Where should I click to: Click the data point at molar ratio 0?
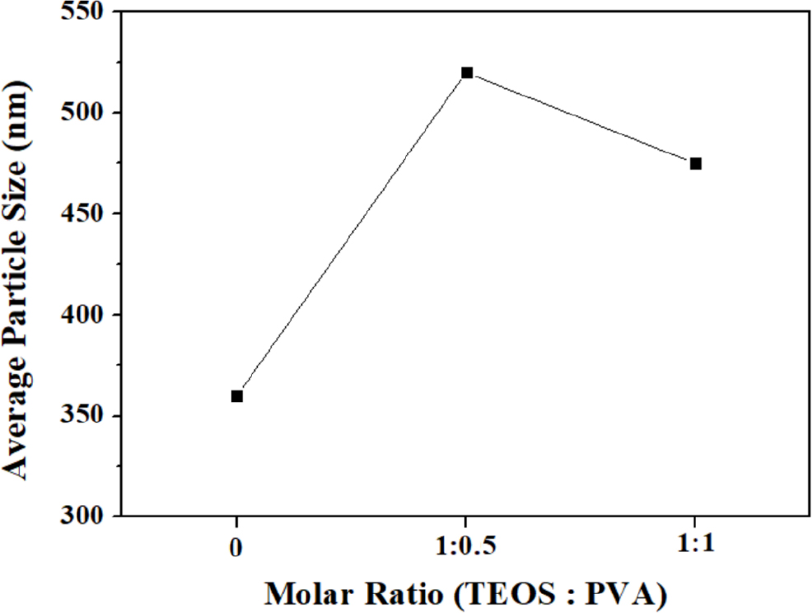[x=237, y=396]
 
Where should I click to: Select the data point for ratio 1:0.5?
[x=467, y=73]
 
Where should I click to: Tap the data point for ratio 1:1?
[x=695, y=163]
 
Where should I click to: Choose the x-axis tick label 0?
[x=237, y=546]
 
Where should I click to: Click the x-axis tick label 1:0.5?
[x=466, y=546]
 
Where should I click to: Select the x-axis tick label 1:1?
[x=694, y=546]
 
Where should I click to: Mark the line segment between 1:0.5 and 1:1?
[x=581, y=118]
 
